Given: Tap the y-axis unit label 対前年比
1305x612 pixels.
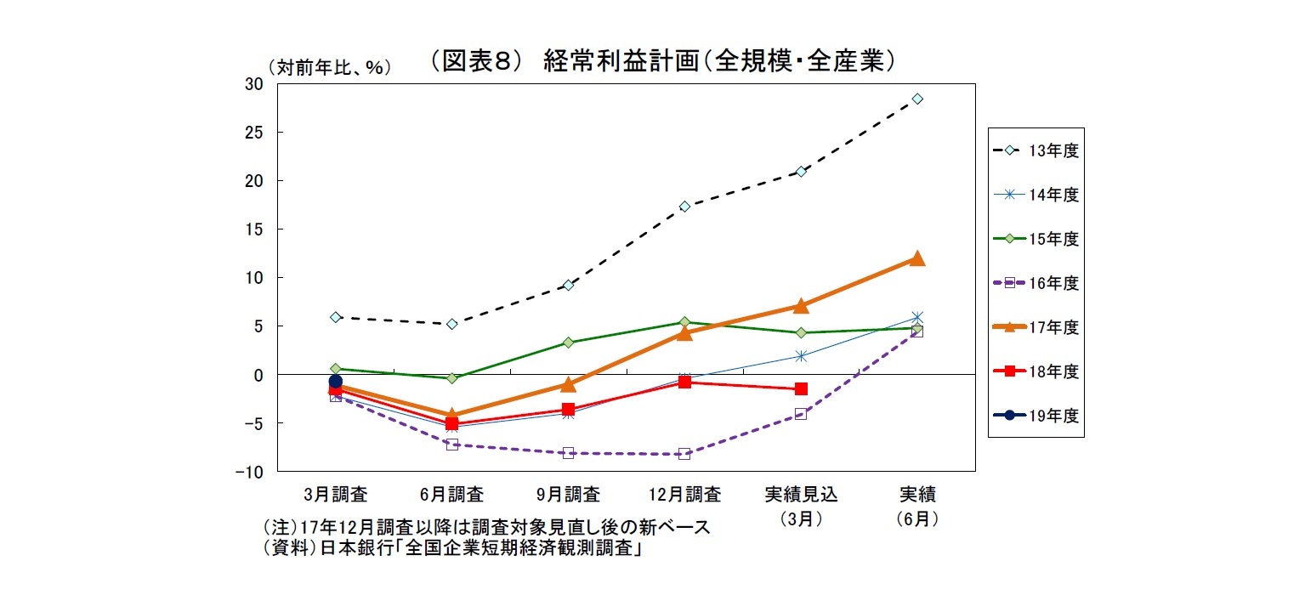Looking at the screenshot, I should (x=329, y=69).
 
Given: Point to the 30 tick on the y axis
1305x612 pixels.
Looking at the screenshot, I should (x=252, y=83).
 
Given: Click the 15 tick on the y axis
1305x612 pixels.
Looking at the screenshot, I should (x=252, y=229).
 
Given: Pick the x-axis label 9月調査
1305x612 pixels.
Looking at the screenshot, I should (x=568, y=494).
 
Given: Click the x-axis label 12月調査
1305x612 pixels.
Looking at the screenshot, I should (x=684, y=494).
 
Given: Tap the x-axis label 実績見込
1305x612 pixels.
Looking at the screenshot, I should (x=801, y=494).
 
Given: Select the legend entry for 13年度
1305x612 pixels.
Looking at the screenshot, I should (x=1035, y=150).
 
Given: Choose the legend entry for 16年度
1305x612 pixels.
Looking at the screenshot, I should (x=1035, y=283).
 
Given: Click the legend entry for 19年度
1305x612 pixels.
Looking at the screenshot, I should (x=1035, y=416).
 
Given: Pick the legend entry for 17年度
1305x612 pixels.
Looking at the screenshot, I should (x=1035, y=327).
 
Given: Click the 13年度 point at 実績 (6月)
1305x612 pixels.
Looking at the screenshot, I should (x=917, y=99).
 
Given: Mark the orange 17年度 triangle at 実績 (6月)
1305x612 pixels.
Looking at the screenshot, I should (x=917, y=258).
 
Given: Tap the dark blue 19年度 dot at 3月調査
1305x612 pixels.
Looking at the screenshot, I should (x=336, y=382).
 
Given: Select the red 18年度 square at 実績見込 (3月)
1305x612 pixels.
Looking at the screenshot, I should (x=801, y=388).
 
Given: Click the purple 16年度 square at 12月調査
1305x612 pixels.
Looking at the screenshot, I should (x=684, y=454).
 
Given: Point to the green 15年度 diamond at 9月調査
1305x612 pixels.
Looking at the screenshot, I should (x=568, y=343).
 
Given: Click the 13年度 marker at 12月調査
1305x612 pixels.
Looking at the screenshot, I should (x=684, y=207).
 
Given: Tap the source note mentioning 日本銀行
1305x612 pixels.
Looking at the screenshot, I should (x=451, y=549).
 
